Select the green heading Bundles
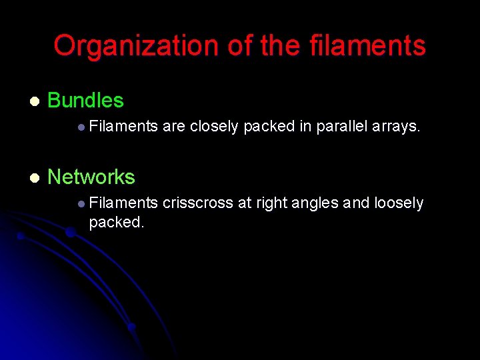(85, 101)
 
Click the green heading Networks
(91, 177)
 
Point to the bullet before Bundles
(34, 101)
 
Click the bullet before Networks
(34, 177)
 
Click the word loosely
(399, 203)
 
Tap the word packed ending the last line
(116, 222)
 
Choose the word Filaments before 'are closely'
(123, 126)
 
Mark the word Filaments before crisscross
(123, 203)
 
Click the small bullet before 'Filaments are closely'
(80, 127)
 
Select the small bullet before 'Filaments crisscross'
(80, 203)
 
